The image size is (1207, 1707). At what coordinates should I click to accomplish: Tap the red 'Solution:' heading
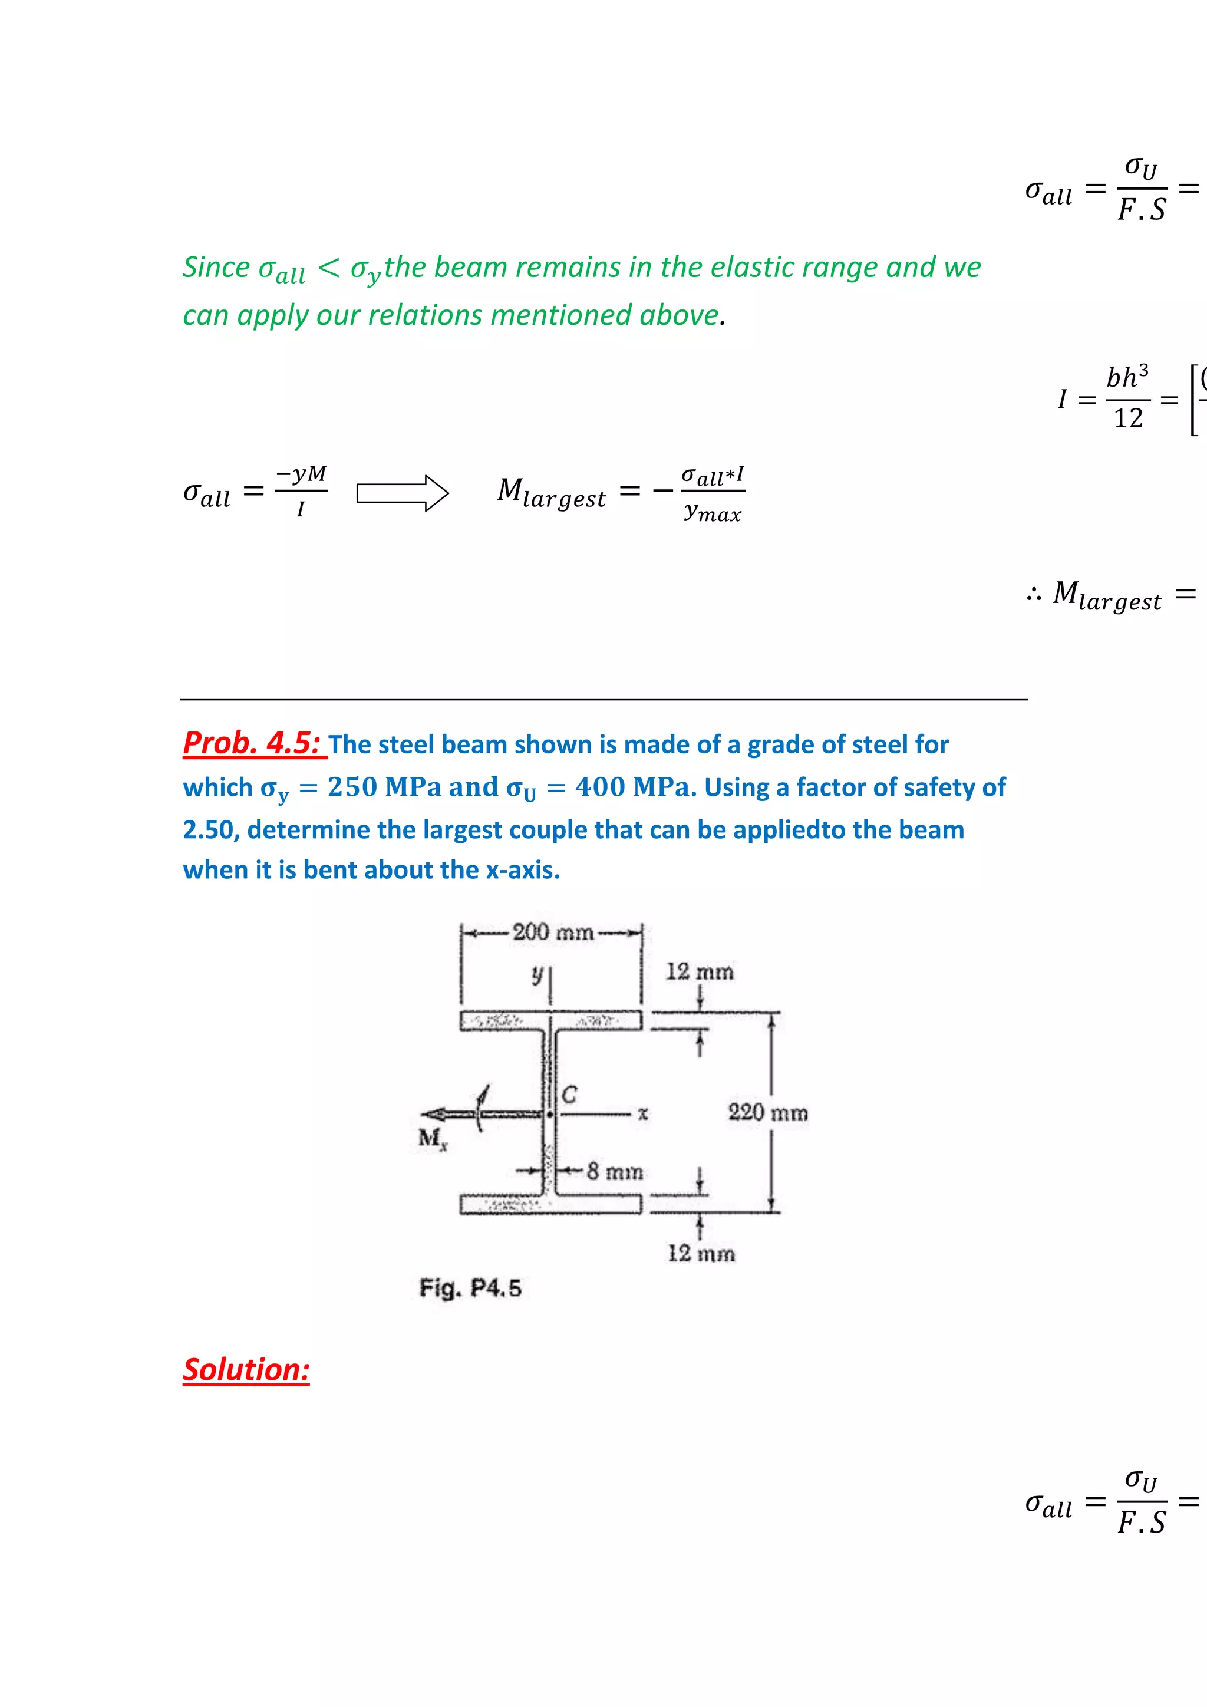(x=246, y=1369)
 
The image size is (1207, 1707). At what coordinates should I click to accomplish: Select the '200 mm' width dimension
(x=552, y=931)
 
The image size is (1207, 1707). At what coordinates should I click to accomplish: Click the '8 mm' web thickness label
(x=614, y=1172)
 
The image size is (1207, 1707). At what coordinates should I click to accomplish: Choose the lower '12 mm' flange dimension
(x=700, y=1254)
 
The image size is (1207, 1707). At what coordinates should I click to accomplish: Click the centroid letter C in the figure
(x=569, y=1095)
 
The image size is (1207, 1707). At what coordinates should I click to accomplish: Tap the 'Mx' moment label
(x=433, y=1138)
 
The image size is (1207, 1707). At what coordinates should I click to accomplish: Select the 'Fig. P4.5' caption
(x=470, y=1288)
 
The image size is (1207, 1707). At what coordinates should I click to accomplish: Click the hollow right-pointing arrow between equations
(x=402, y=493)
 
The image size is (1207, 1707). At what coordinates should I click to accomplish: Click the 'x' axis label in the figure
(x=643, y=1113)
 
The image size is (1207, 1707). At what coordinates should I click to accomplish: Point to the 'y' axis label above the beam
(x=537, y=974)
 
